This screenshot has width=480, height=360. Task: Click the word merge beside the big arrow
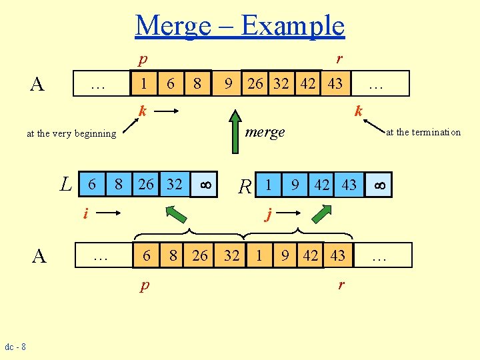pyautogui.click(x=265, y=132)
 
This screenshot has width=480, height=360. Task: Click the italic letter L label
pyautogui.click(x=65, y=184)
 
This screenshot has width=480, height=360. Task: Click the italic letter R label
pyautogui.click(x=245, y=186)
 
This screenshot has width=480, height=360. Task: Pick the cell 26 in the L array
pyautogui.click(x=146, y=184)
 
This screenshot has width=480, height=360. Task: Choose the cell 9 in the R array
pyautogui.click(x=294, y=185)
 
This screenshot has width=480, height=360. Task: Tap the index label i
pyautogui.click(x=85, y=213)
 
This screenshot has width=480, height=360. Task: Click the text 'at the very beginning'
pyautogui.click(x=71, y=133)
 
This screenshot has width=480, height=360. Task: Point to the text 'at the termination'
pyautogui.click(x=423, y=132)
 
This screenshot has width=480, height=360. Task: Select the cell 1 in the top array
pyautogui.click(x=144, y=83)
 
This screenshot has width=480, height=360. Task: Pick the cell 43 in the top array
pyautogui.click(x=335, y=84)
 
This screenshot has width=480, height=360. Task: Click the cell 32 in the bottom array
pyautogui.click(x=231, y=255)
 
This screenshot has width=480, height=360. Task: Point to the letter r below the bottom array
pyautogui.click(x=341, y=285)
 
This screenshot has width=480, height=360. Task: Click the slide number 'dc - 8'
pyautogui.click(x=15, y=347)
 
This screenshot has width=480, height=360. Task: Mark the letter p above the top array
pyautogui.click(x=142, y=60)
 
